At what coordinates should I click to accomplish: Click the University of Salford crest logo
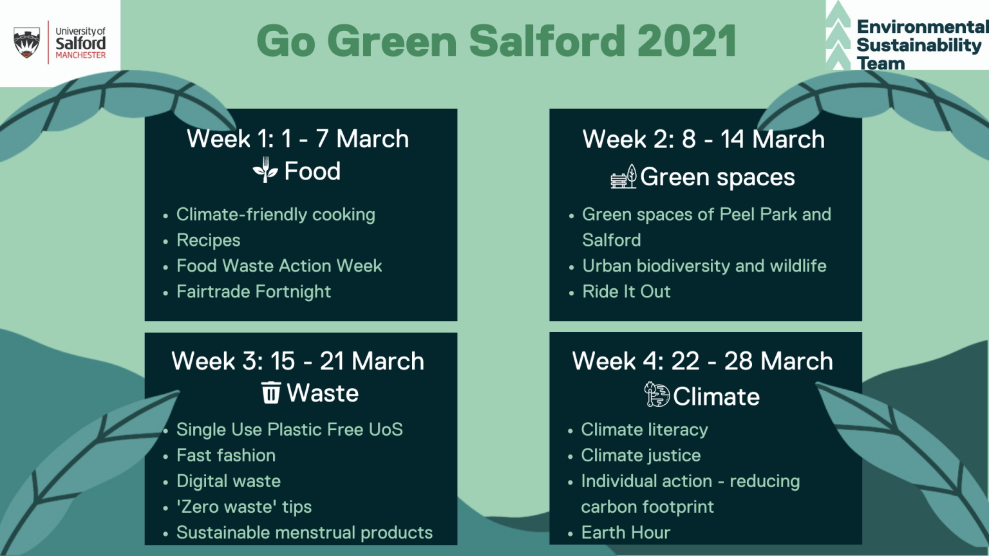tap(26, 42)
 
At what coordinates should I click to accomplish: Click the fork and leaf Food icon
tap(265, 171)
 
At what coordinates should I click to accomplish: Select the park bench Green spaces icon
tap(623, 176)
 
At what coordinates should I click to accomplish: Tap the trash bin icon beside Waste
tap(271, 393)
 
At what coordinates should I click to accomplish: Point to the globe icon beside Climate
tap(657, 394)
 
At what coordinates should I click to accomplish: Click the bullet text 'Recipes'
tap(208, 240)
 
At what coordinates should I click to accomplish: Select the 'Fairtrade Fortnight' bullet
tap(253, 292)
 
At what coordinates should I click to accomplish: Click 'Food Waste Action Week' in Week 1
tap(279, 266)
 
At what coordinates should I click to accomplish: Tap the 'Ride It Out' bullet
tap(626, 292)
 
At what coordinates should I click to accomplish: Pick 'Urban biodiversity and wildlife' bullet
tap(704, 266)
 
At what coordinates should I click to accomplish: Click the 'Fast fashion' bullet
tap(225, 455)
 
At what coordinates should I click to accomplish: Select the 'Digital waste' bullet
tap(228, 481)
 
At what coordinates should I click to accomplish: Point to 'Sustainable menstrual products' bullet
tap(304, 532)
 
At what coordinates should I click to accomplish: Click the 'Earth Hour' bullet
tap(625, 532)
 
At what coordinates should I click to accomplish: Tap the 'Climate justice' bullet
tap(640, 455)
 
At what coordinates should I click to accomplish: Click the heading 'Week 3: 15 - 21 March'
tap(297, 361)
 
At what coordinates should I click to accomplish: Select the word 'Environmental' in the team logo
tap(921, 27)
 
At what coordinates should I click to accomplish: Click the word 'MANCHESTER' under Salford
tap(80, 55)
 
